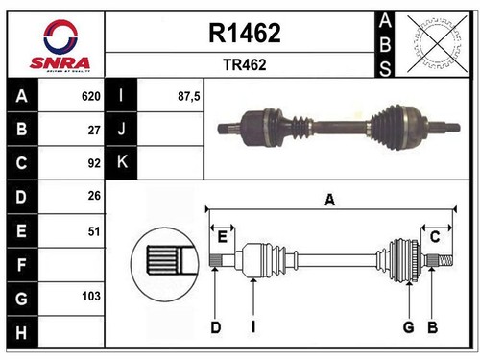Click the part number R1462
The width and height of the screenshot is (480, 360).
(x=245, y=33)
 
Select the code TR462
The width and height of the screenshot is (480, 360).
(x=245, y=64)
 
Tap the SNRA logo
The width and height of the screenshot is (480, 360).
(x=60, y=45)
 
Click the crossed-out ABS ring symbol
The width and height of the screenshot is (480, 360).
(x=437, y=43)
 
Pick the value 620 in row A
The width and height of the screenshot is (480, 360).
(x=91, y=96)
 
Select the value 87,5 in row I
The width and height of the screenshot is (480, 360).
(x=189, y=96)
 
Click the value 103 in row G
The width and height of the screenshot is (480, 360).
(x=91, y=296)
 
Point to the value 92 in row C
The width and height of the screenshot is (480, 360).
(x=94, y=163)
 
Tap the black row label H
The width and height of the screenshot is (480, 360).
(x=22, y=332)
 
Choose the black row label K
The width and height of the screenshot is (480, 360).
(x=122, y=162)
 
